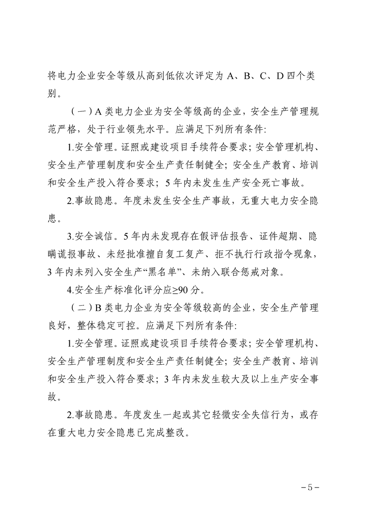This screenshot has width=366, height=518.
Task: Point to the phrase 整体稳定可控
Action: tap(98, 325)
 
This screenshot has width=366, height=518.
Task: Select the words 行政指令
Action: tap(275, 255)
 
